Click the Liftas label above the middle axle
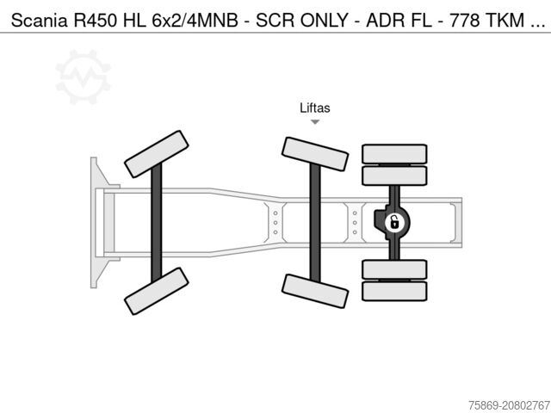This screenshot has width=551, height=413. [x=315, y=108]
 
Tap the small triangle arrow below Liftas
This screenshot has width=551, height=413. [x=315, y=122]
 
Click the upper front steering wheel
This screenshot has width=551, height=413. [x=157, y=153]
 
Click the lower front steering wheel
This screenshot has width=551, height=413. [x=157, y=291]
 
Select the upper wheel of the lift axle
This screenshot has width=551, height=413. [x=315, y=153]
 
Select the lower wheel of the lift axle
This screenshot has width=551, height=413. [x=315, y=291]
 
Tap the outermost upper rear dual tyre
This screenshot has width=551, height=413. [x=394, y=153]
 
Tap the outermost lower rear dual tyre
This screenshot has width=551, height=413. [x=394, y=291]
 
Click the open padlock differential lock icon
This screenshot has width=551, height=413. [x=393, y=222]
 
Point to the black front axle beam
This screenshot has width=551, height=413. [x=157, y=222]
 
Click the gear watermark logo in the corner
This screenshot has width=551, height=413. [x=83, y=77]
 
